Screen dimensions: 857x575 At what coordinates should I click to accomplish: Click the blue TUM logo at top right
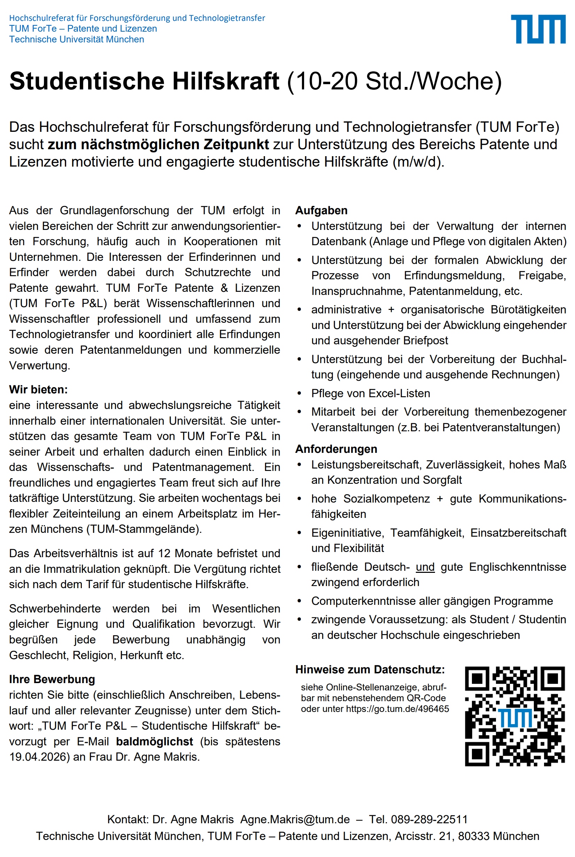pos(538,29)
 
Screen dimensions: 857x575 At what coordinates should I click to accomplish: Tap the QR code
pos(515,716)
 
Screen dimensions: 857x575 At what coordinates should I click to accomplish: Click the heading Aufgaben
pos(321,210)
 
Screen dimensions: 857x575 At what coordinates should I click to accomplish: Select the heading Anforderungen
pos(336,449)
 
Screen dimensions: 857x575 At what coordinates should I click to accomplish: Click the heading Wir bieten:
pos(39,390)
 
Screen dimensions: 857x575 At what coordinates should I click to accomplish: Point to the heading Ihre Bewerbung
pos(52,679)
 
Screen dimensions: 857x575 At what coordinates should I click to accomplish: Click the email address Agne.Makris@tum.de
pos(295,819)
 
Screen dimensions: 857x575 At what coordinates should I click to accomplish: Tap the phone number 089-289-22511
pos(429,819)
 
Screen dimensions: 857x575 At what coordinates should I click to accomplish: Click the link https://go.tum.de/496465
pos(397,709)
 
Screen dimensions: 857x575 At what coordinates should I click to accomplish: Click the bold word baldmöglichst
pos(154,742)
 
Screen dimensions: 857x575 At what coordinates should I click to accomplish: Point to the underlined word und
pos(425,567)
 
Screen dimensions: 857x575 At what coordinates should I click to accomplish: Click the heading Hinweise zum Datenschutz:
pos(370,670)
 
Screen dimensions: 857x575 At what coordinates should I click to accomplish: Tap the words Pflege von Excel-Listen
pos(370,393)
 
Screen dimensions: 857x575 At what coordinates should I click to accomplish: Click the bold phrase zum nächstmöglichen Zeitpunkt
pos(158,144)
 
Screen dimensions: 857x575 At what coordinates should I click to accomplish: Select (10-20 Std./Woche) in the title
pos(394,81)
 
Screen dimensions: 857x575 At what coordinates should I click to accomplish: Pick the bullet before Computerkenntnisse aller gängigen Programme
pos(299,601)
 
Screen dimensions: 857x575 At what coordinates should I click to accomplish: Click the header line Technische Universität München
pos(76,39)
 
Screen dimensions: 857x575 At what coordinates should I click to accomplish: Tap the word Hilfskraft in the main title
pos(226,81)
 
